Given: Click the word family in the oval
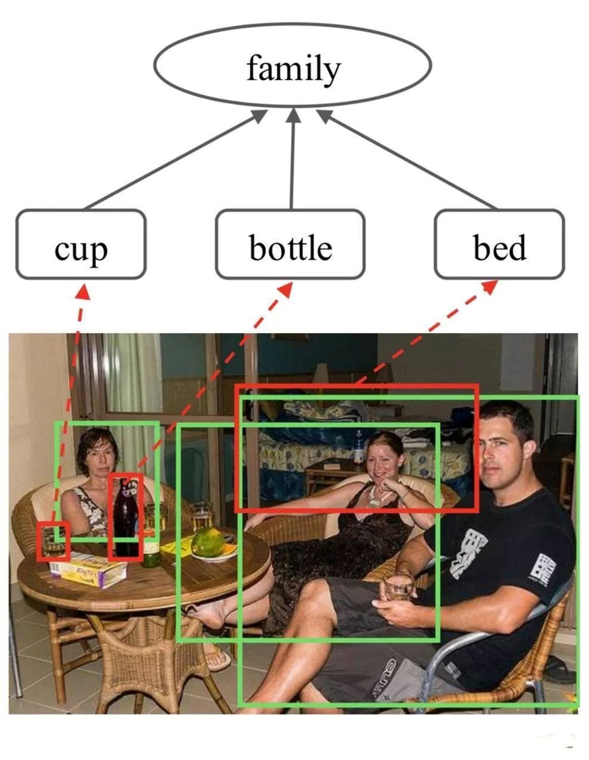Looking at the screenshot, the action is [x=292, y=67].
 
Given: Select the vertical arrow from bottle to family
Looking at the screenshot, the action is [x=292, y=160].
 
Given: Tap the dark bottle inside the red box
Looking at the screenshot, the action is [x=125, y=517].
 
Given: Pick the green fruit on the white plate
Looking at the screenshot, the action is [x=207, y=542].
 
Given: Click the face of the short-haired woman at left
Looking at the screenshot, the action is [x=98, y=455].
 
